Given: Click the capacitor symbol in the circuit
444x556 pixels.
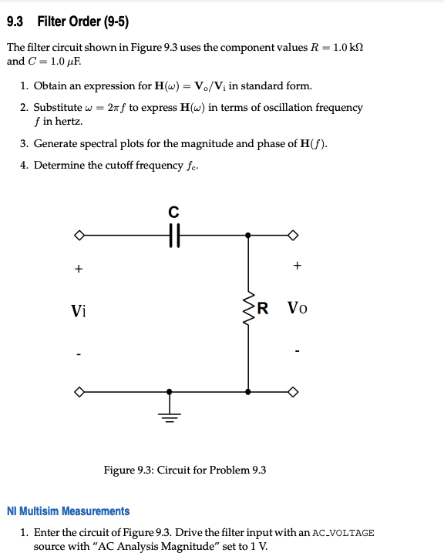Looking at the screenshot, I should (x=173, y=235).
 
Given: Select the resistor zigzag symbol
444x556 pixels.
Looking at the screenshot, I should (x=248, y=310).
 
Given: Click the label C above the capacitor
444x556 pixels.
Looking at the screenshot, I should (x=173, y=211).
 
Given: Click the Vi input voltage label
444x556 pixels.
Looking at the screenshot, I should (x=79, y=311).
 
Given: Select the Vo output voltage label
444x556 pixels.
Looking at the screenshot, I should (x=298, y=310).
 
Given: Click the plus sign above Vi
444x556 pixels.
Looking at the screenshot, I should (x=77, y=269).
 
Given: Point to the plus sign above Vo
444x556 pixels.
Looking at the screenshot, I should (x=298, y=266).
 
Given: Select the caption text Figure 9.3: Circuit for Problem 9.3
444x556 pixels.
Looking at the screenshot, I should (x=185, y=470).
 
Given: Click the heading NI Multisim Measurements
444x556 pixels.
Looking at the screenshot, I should (x=68, y=511).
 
